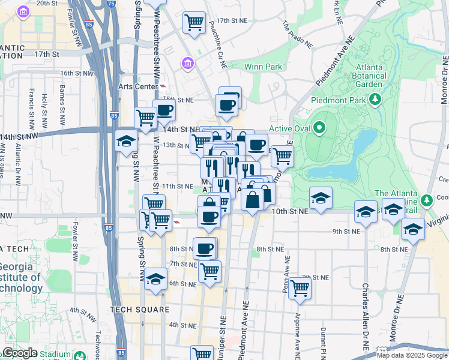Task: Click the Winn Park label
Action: [x=262, y=67]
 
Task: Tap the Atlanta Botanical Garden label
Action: [x=370, y=76]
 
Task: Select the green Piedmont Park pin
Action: [x=376, y=98]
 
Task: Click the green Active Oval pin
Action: [x=319, y=128]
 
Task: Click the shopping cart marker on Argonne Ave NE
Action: [x=300, y=288]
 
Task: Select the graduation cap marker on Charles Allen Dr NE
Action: [x=366, y=211]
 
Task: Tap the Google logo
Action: [x=20, y=353]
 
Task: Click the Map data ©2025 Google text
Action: [x=411, y=355]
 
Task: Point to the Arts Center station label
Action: [x=137, y=86]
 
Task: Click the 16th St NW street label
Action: [x=77, y=73]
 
